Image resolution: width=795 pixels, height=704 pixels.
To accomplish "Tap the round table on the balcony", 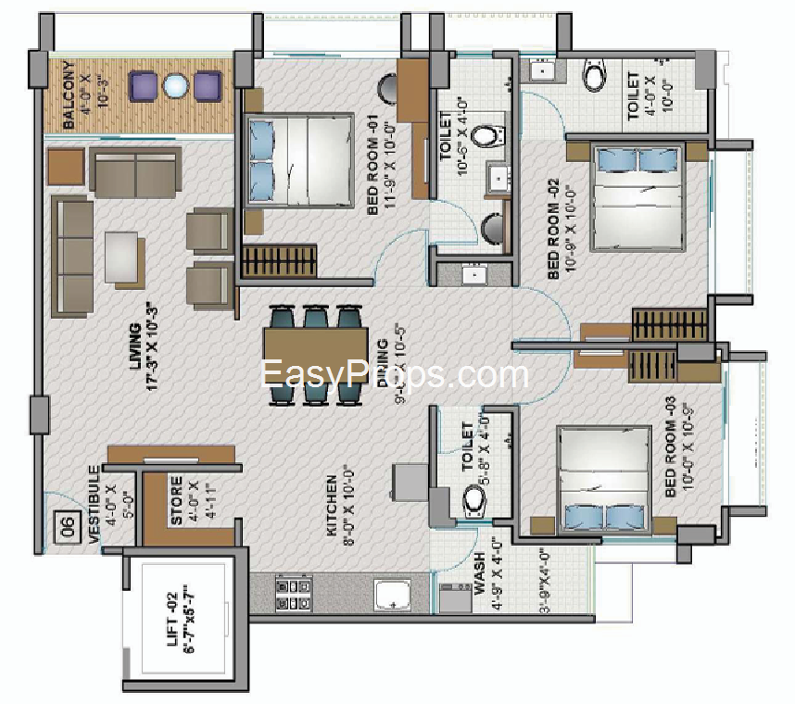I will tap(175, 86).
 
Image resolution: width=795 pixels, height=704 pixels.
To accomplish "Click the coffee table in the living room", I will tap(124, 255).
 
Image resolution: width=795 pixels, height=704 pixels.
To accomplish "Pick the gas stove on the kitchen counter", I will tap(293, 593).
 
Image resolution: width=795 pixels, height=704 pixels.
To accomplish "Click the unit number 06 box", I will tap(68, 526).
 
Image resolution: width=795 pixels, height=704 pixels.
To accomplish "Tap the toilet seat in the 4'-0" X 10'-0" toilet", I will tap(596, 74).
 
